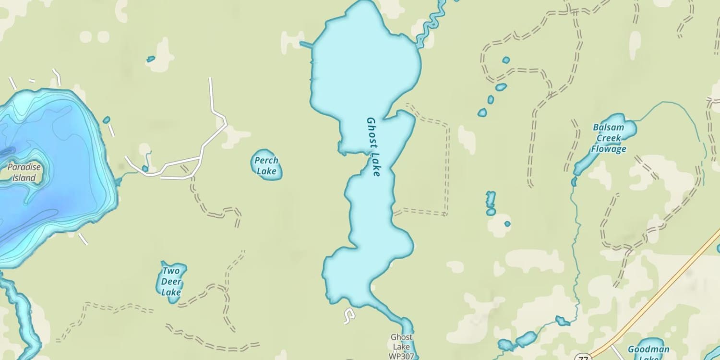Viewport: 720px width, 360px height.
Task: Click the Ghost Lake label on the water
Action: tap(373, 146)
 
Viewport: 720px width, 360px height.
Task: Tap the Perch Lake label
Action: tap(266, 166)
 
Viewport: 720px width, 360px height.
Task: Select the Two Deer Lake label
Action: tap(171, 282)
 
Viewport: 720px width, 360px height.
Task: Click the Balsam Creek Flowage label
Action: tap(608, 138)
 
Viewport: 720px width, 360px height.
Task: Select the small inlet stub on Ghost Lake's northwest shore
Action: tap(306, 45)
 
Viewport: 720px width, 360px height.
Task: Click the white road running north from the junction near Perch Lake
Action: tap(211, 96)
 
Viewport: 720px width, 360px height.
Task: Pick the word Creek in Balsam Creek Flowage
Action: tap(608, 138)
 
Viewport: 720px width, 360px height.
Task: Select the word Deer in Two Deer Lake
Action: tap(171, 282)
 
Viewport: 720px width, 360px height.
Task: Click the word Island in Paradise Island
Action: tap(24, 178)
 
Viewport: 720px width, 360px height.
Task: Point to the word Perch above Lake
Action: tap(266, 160)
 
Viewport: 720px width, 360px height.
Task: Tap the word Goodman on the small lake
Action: tap(648, 349)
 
